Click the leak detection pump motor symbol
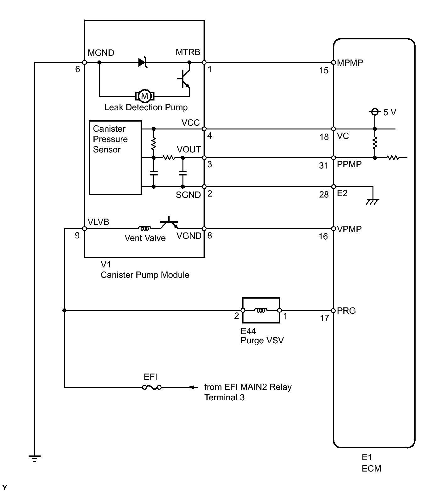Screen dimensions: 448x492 [x=145, y=96]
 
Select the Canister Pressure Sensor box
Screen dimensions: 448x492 [x=115, y=158]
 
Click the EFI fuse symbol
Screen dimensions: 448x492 [x=152, y=387]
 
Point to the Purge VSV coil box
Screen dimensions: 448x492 [x=261, y=310]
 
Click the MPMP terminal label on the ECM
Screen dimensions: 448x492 [x=350, y=63]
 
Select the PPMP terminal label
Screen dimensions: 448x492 [x=349, y=164]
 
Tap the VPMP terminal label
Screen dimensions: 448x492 [x=349, y=229]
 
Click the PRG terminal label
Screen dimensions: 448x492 [x=346, y=311]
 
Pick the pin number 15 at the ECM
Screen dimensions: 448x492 [x=324, y=71]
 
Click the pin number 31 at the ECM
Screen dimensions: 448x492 [x=324, y=166]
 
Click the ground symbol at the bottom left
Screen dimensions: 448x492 [x=34, y=458]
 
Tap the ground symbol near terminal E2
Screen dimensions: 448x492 [x=373, y=202]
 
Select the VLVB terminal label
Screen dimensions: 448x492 [x=98, y=222]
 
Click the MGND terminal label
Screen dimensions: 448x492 [x=101, y=53]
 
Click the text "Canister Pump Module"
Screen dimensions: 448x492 [x=145, y=275]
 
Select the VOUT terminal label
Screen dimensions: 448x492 [x=189, y=149]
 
